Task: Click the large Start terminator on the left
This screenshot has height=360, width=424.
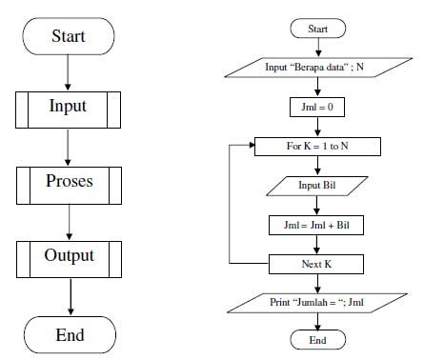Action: point(69,37)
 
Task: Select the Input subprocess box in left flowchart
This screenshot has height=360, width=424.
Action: point(69,109)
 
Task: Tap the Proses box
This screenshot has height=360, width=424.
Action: point(69,182)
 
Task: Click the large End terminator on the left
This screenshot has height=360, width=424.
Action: point(69,335)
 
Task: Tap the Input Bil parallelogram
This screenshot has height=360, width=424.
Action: point(318,186)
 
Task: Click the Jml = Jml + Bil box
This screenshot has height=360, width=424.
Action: point(318,225)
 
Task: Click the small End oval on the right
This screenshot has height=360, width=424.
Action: point(318,341)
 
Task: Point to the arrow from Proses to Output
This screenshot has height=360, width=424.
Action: point(69,221)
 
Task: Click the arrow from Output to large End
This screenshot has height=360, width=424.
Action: point(69,297)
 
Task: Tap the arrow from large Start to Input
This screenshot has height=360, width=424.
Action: point(69,72)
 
